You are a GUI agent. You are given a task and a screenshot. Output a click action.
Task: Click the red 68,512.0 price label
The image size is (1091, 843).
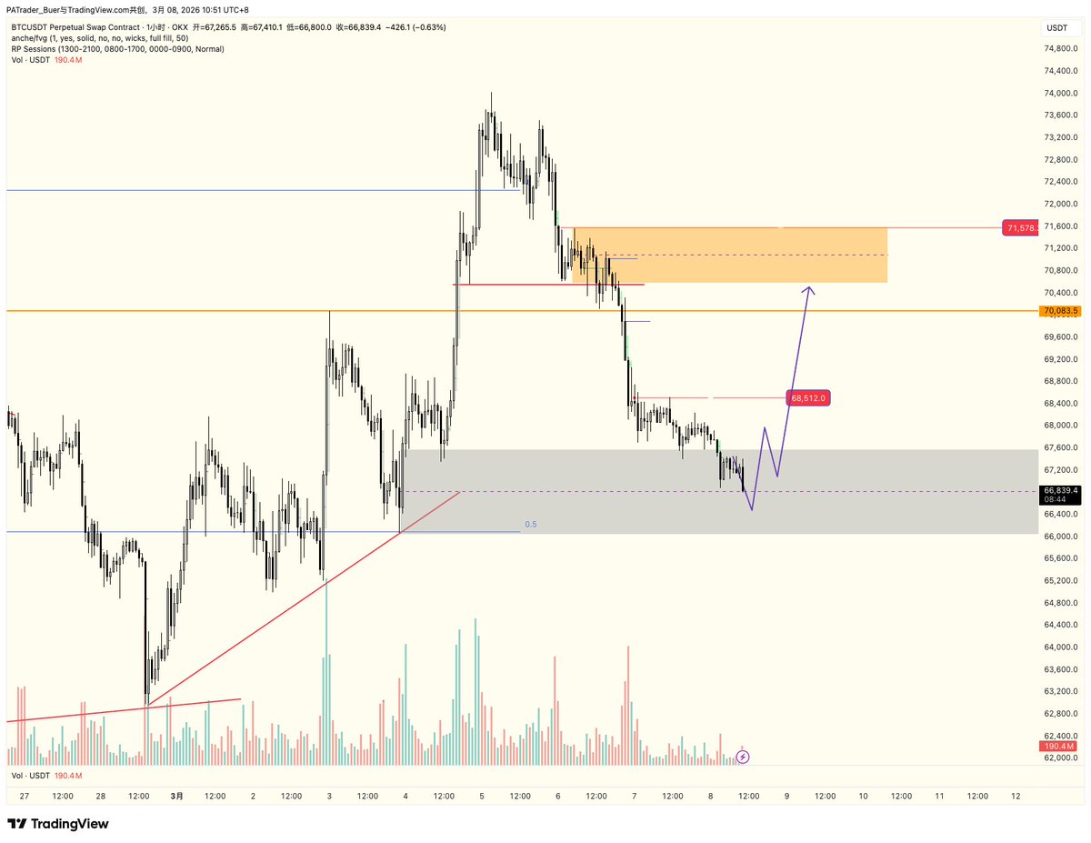808,397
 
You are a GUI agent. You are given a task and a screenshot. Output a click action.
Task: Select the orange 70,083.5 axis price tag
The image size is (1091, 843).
1060,311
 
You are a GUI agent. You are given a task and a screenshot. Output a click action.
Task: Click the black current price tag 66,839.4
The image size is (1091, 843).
1060,491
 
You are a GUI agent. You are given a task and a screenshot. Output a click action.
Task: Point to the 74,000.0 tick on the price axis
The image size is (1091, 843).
1060,93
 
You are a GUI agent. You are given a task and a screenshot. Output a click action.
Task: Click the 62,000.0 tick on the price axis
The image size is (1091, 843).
1060,758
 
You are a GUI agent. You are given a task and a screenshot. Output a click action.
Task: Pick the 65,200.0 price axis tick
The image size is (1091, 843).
1060,580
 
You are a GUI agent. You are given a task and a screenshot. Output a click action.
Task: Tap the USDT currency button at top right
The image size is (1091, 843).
1057,27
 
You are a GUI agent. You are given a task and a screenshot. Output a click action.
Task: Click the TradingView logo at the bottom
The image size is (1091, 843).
58,824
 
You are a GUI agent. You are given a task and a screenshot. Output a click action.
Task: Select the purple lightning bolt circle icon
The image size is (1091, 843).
743,756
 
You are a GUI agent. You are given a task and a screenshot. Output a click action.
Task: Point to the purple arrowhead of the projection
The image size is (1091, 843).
808,290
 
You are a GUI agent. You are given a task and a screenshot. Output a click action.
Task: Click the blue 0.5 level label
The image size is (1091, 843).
531,525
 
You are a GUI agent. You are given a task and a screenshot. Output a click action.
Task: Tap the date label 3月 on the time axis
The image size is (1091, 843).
176,796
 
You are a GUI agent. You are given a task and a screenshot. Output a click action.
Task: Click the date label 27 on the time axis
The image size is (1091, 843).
25,796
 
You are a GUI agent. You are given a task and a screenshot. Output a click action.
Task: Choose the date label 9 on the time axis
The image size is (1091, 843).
787,796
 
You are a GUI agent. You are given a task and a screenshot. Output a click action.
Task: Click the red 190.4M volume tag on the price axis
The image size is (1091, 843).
1059,747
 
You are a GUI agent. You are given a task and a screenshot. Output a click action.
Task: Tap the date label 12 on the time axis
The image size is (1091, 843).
1016,796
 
